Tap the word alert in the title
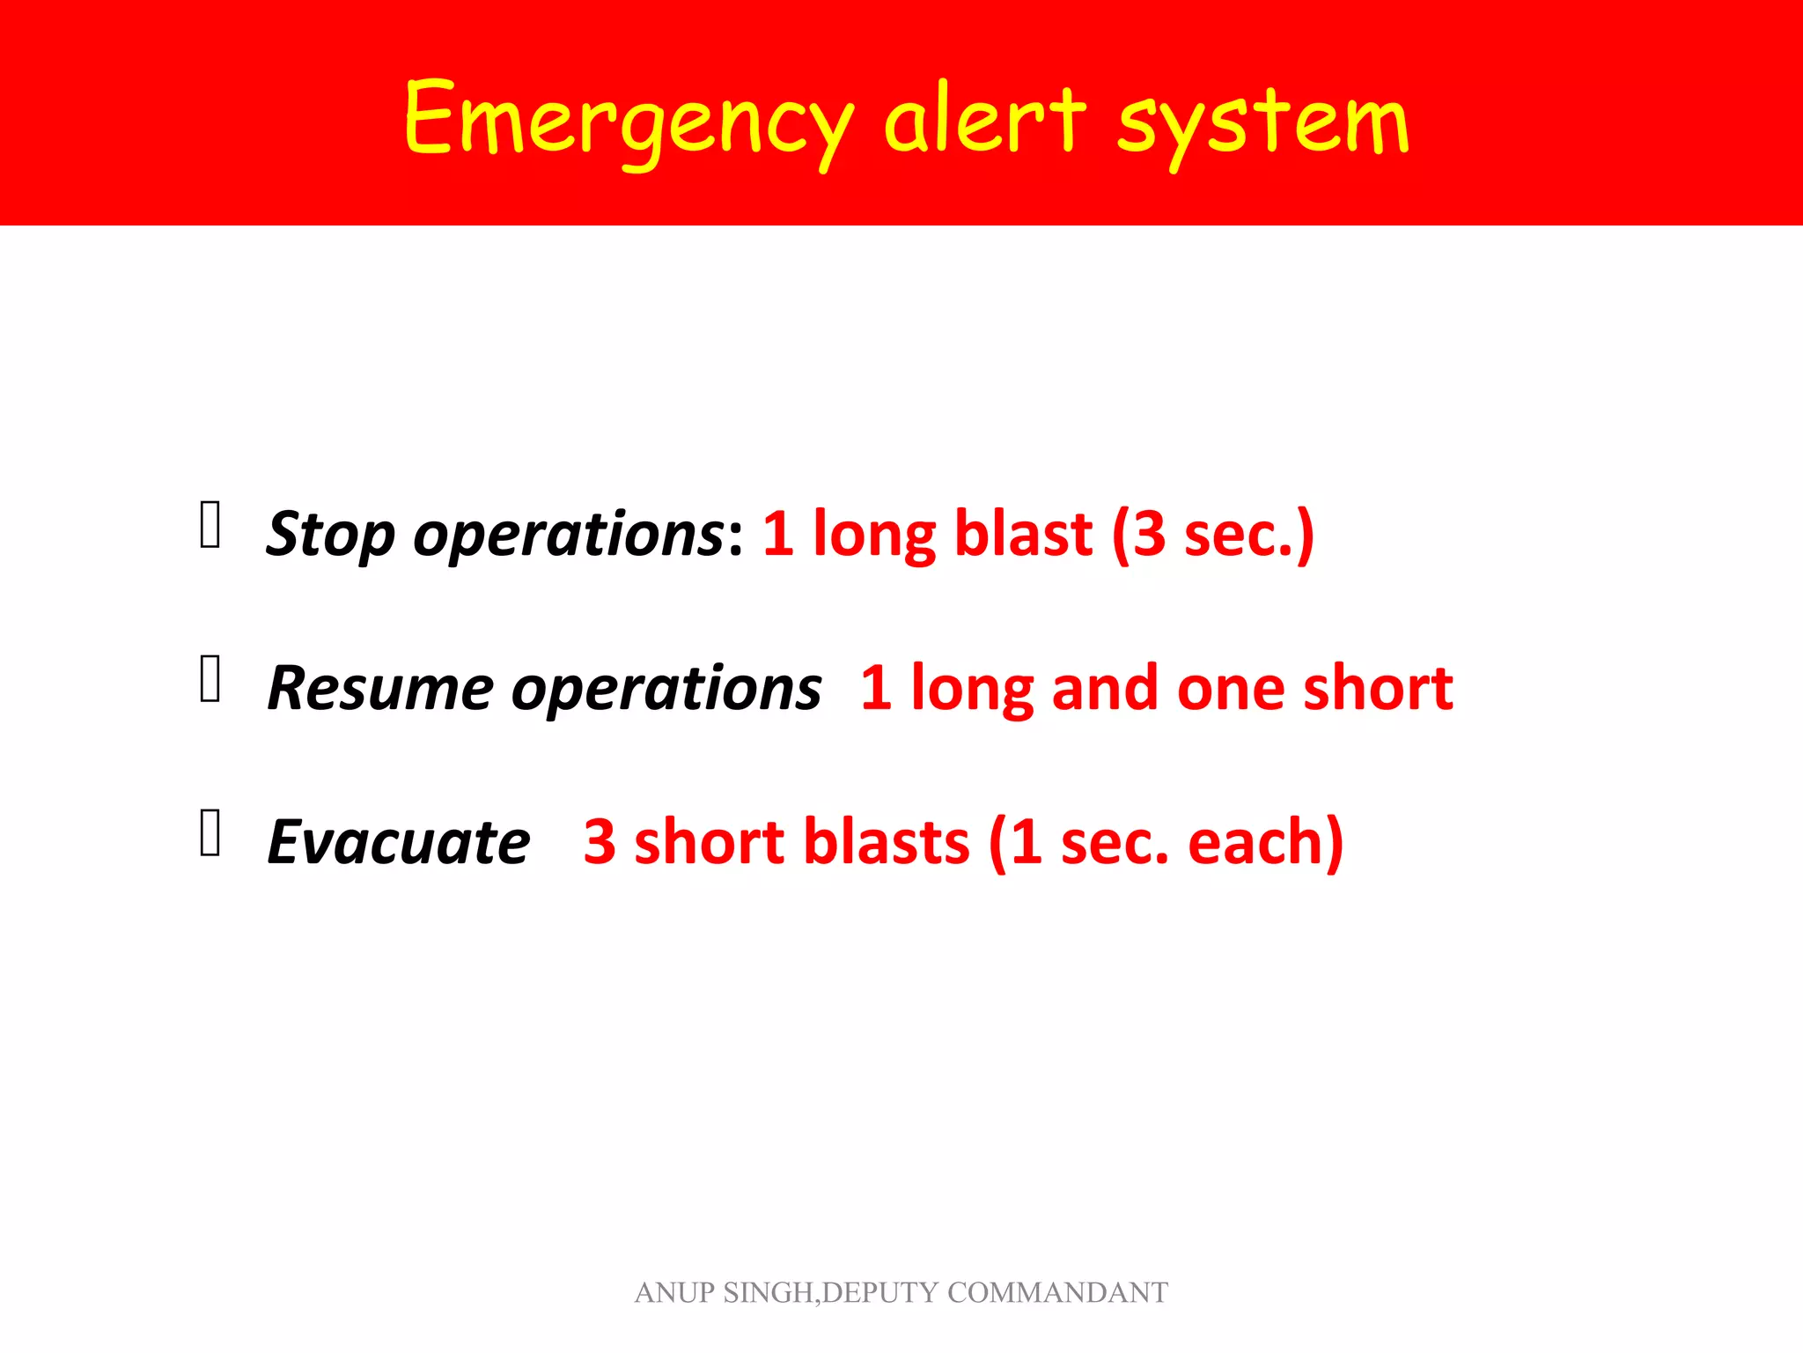click(x=985, y=119)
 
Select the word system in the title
click(x=1263, y=123)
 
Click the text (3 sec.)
click(x=1213, y=534)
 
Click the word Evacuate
click(x=399, y=842)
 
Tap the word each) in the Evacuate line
click(x=1265, y=842)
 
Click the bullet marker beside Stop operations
click(x=210, y=525)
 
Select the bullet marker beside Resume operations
click(x=210, y=679)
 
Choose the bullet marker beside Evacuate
click(x=210, y=833)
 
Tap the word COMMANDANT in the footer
click(x=1057, y=1293)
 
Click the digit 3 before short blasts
click(x=600, y=842)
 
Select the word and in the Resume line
click(x=1105, y=688)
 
